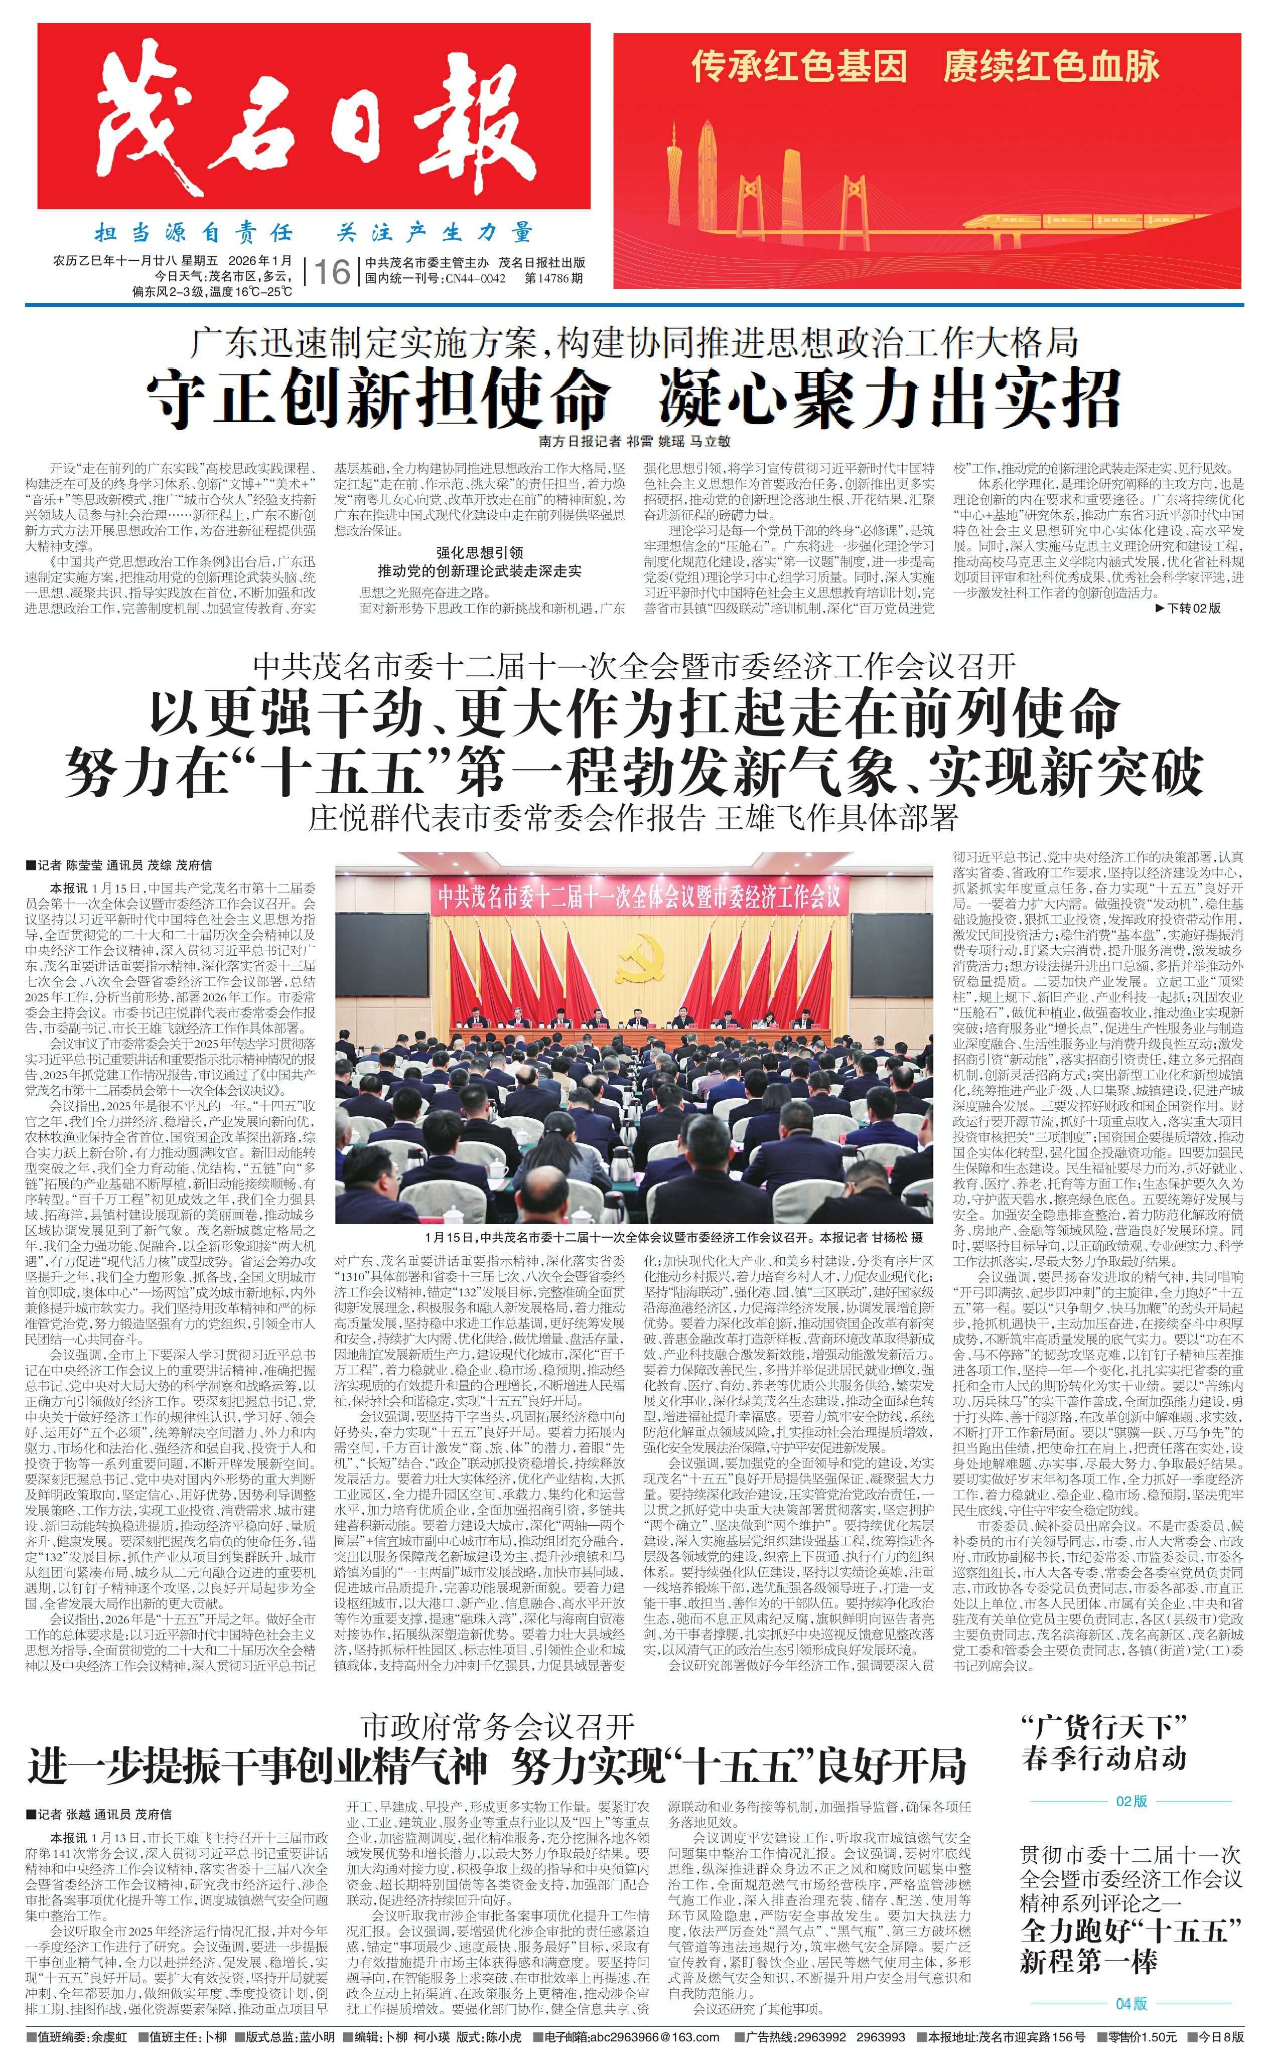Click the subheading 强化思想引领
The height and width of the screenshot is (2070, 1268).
(x=479, y=552)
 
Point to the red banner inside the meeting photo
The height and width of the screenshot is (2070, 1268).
(x=634, y=897)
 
